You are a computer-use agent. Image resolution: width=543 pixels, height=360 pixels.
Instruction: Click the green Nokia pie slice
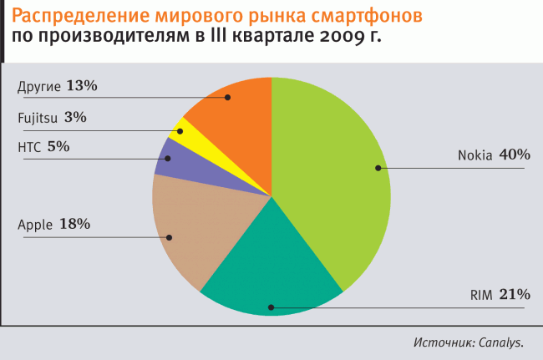click(334, 167)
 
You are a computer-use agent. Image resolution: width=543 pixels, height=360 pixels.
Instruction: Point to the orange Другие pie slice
click(234, 104)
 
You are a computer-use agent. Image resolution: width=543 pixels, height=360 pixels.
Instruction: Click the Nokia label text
click(474, 155)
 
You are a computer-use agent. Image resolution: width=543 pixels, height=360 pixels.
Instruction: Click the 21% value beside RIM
click(515, 294)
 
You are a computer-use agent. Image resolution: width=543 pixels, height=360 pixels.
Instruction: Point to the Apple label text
click(35, 225)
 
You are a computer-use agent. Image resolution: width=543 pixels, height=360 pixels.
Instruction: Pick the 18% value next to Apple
click(74, 224)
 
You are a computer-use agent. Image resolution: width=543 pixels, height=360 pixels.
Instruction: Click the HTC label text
click(28, 146)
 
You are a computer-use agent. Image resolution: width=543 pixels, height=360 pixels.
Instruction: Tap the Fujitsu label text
click(38, 118)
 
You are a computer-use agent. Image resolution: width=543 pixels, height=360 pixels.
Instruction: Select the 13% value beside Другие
click(83, 85)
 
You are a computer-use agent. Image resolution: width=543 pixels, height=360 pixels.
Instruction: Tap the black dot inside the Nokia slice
click(378, 168)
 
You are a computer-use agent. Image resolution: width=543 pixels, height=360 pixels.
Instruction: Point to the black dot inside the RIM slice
click(270, 307)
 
